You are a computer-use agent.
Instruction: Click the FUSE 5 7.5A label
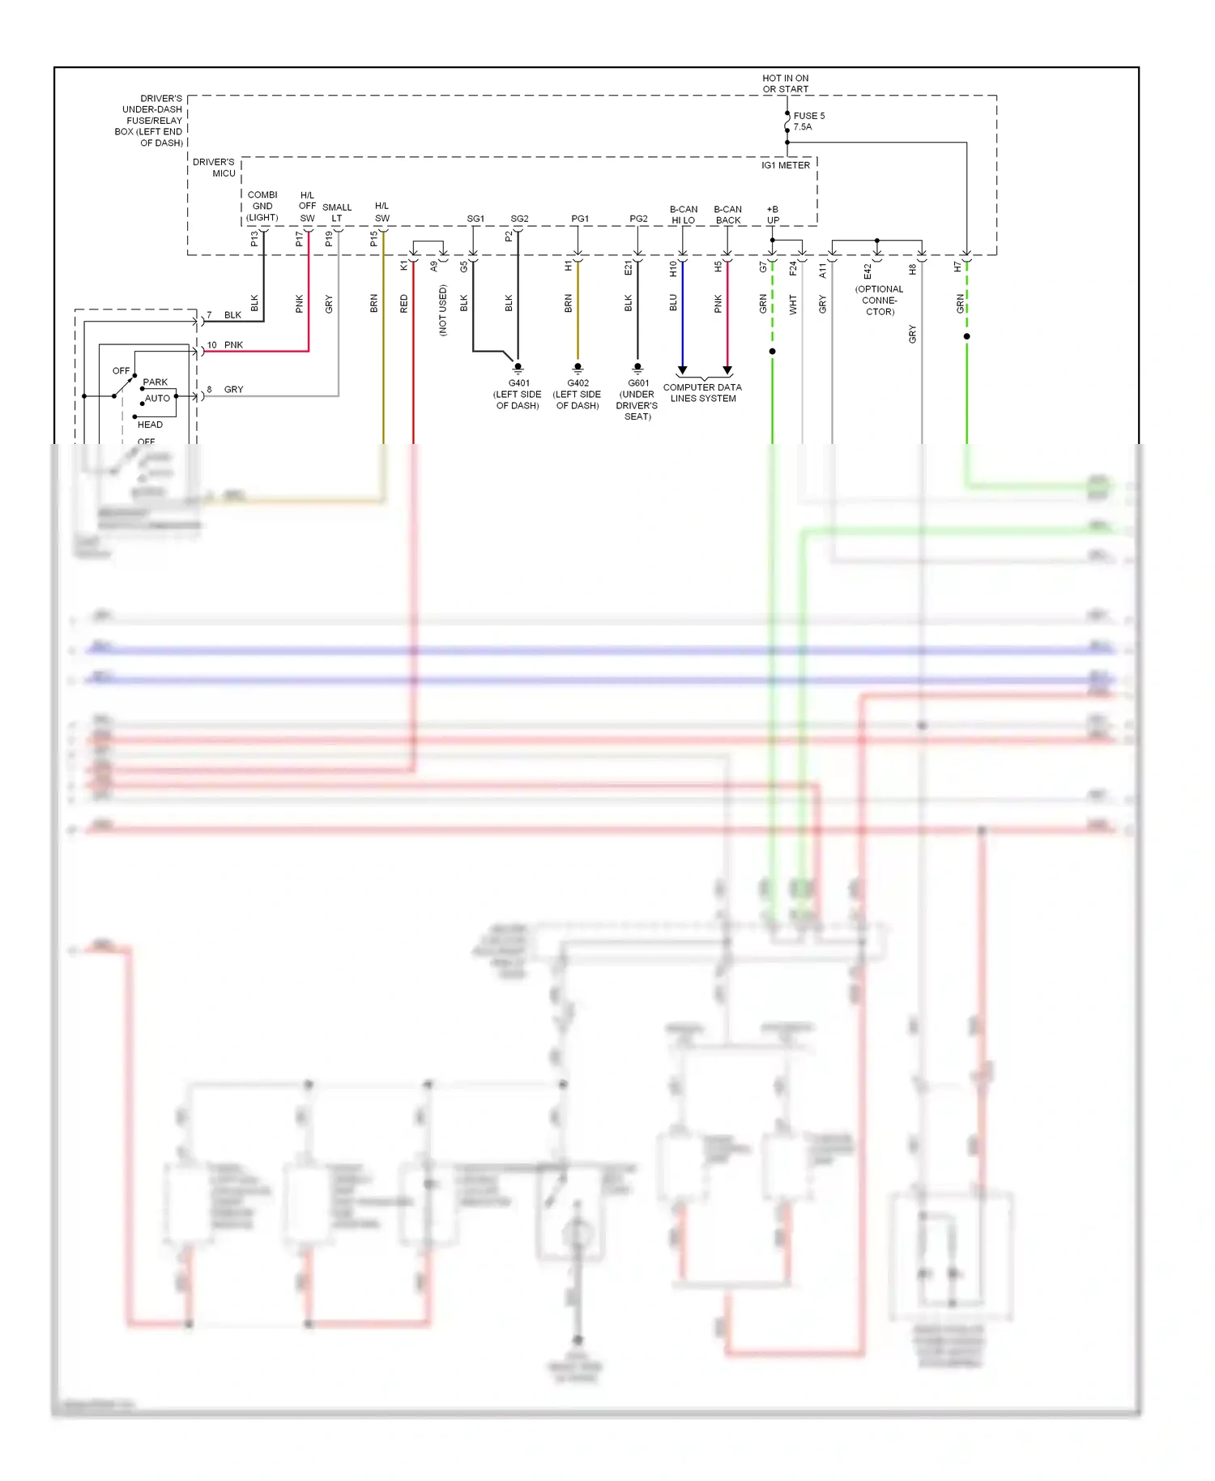point(808,122)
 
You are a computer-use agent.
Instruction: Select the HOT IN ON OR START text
point(785,84)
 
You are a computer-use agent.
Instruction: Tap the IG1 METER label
point(785,165)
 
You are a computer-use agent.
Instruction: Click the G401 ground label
point(518,395)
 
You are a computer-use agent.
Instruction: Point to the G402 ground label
point(578,395)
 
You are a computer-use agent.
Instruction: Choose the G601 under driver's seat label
point(637,399)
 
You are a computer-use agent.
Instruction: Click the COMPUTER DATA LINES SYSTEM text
point(702,393)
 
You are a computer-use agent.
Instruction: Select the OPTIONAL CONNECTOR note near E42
point(879,301)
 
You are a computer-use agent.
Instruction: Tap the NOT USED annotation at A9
point(442,310)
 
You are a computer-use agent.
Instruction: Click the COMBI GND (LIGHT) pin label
point(262,207)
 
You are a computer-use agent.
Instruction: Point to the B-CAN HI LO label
point(683,215)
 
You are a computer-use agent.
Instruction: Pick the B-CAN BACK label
point(727,215)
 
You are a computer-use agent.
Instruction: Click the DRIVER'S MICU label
point(214,168)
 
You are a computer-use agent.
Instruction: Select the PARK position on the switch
point(155,382)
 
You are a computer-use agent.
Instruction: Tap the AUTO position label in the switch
point(157,399)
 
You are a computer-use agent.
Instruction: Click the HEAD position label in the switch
point(150,425)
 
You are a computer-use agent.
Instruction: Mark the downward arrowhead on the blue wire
point(682,370)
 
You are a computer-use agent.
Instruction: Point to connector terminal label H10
point(673,269)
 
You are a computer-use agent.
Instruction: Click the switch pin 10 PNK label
point(225,345)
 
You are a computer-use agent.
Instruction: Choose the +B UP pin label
point(773,215)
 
